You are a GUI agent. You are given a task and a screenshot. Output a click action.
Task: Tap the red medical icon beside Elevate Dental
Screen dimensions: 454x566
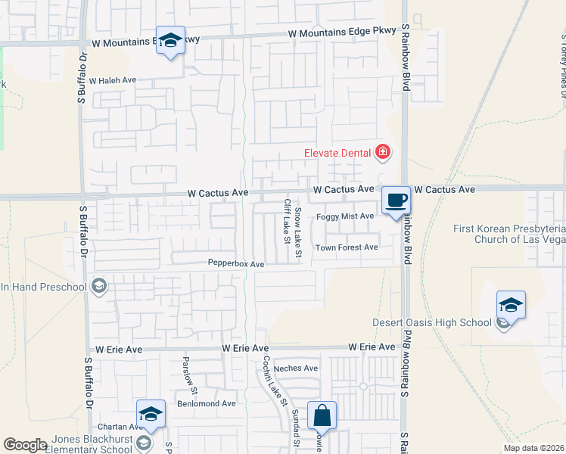(383, 153)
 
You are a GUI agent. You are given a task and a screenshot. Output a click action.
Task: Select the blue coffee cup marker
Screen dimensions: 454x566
(396, 201)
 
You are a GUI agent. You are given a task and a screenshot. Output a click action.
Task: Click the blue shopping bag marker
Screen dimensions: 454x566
(322, 415)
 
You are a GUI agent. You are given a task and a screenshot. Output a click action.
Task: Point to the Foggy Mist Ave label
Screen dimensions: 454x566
(345, 216)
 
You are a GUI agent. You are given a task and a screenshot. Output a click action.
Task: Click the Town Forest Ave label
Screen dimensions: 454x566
(346, 247)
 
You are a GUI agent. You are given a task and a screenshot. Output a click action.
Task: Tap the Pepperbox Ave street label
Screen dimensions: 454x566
(236, 264)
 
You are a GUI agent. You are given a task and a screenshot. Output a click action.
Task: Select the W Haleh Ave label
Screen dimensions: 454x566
(112, 80)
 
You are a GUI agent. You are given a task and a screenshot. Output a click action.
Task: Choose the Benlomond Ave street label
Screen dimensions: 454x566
(207, 403)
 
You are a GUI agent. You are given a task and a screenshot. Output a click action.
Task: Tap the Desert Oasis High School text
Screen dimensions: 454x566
(432, 323)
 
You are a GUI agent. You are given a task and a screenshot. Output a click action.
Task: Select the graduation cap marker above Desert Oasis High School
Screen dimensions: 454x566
(511, 306)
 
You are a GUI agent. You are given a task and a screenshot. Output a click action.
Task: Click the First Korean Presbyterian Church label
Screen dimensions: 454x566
(508, 234)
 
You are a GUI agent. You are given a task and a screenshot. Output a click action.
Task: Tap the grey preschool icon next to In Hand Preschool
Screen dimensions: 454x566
(98, 286)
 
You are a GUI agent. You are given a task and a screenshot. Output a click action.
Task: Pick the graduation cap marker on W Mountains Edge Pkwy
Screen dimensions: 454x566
(170, 41)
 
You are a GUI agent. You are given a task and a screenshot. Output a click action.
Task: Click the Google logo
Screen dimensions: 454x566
(25, 445)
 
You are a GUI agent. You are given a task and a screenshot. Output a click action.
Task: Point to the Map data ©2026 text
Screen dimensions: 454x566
(533, 448)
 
